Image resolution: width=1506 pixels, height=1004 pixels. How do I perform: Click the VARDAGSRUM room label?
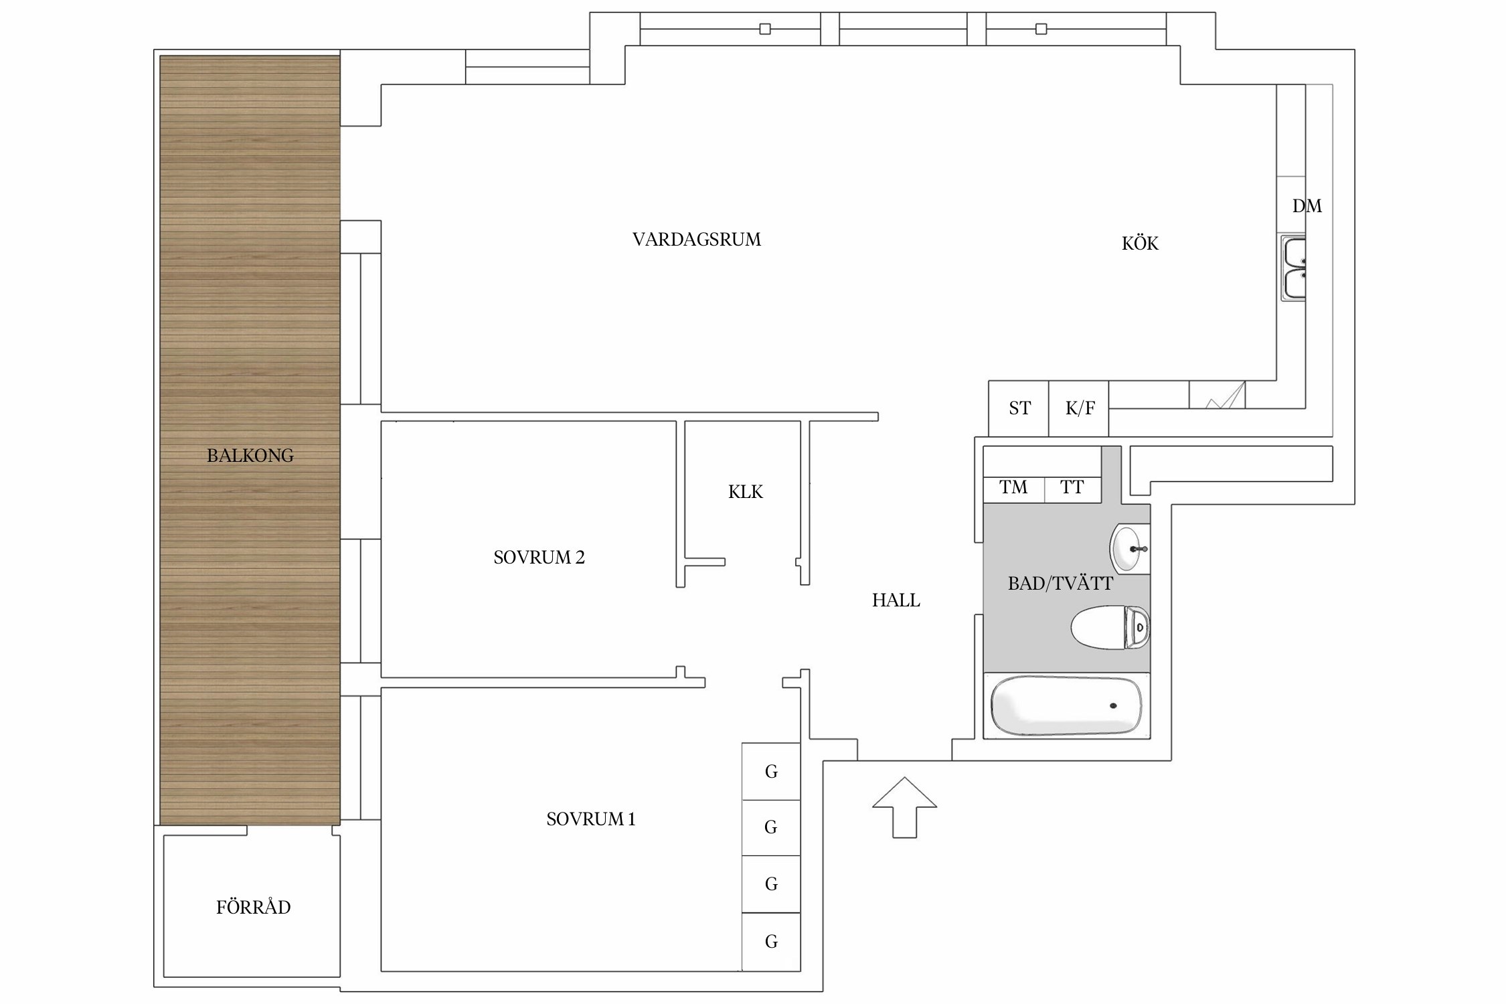point(697,240)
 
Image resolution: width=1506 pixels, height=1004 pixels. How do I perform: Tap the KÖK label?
point(1140,243)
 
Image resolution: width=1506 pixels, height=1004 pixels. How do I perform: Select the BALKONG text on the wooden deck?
point(250,456)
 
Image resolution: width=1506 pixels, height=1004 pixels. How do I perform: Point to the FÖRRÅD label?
point(253,907)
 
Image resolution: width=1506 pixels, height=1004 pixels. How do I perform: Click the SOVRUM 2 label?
point(539,558)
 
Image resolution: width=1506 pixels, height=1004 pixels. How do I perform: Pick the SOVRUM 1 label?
point(591,819)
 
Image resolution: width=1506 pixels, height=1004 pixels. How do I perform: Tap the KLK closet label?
point(746,492)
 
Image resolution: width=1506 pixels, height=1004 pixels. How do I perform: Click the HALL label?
point(896,600)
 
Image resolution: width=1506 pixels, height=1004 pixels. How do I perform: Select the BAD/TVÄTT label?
point(1060,584)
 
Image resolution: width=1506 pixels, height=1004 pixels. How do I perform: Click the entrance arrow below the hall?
point(904,807)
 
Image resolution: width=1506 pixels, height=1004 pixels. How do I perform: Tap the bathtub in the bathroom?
point(1066,705)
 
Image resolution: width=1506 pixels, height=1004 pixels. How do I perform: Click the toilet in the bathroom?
point(1110,627)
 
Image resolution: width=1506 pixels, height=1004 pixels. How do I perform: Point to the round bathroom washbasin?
point(1130,548)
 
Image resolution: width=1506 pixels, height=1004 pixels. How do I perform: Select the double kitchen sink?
point(1293,268)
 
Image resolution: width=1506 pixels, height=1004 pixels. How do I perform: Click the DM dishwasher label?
point(1307,206)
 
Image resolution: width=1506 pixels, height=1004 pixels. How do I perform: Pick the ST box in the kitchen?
point(1019,408)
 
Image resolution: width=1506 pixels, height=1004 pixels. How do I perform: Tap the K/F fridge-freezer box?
point(1079,408)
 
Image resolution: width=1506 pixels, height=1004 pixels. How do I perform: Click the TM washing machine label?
point(1013,487)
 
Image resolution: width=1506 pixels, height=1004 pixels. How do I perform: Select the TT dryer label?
point(1072,487)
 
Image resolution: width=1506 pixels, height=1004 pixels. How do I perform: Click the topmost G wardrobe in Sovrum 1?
point(771,771)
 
